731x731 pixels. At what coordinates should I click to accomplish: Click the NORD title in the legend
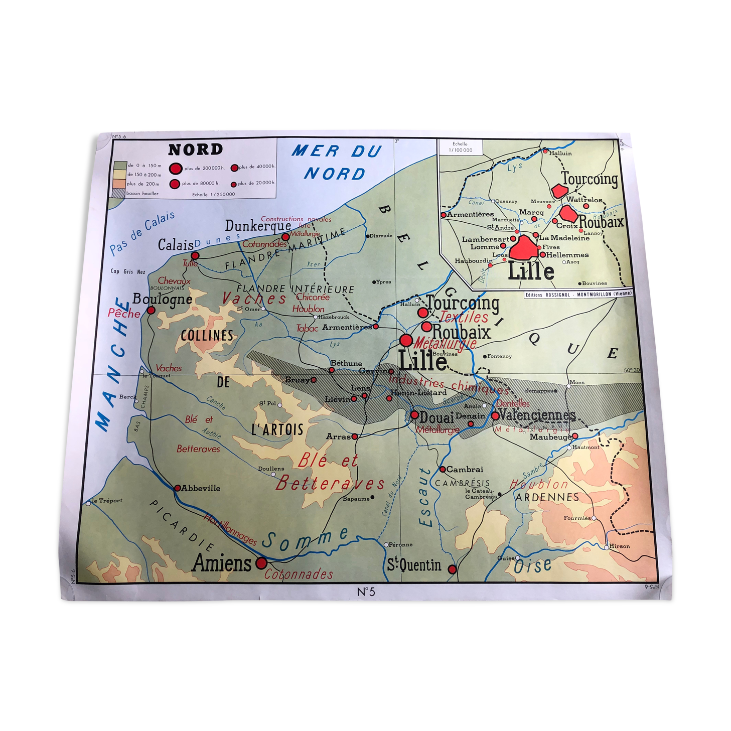click(x=195, y=150)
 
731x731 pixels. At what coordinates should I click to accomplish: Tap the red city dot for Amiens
click(x=261, y=563)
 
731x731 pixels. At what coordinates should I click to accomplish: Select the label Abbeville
click(x=200, y=488)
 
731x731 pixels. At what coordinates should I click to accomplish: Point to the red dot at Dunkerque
click(x=285, y=237)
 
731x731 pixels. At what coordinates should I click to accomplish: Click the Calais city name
click(x=175, y=245)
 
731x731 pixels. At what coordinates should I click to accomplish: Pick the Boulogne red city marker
click(x=151, y=310)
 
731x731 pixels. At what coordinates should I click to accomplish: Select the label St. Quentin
click(x=414, y=565)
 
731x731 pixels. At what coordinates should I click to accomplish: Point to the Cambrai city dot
click(x=443, y=470)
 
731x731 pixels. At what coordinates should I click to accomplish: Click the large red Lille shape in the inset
click(x=523, y=249)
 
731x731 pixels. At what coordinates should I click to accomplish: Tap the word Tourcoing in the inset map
click(x=590, y=179)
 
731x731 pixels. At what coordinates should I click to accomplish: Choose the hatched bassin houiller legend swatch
click(x=119, y=193)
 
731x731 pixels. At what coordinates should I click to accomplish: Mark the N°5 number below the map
click(x=366, y=592)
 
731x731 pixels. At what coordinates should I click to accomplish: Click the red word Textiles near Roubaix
click(x=464, y=317)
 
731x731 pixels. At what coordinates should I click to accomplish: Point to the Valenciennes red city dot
click(x=495, y=415)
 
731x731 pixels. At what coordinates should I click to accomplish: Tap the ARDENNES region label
click(x=547, y=497)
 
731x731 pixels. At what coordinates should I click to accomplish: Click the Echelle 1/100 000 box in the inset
click(x=460, y=147)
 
